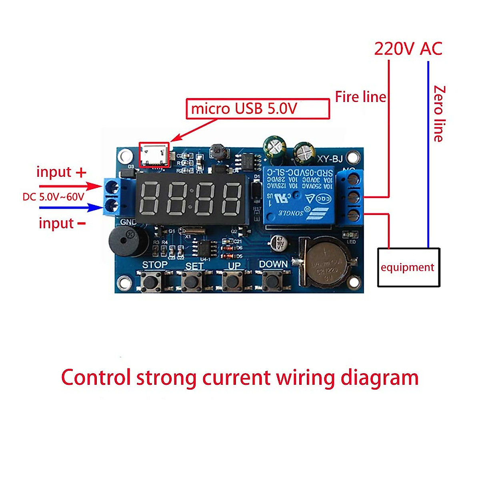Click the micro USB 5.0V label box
click(258, 109)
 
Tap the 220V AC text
click(408, 49)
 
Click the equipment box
click(408, 267)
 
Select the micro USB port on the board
click(154, 154)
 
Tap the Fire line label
click(360, 97)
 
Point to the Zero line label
click(439, 114)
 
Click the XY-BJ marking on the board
click(330, 159)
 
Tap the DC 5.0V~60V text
click(54, 197)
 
